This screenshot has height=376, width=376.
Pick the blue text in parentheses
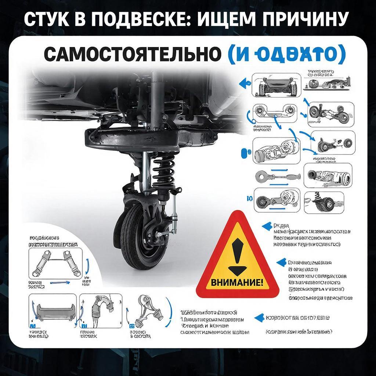(x=287, y=55)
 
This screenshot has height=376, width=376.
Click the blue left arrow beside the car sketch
(x=243, y=83)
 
